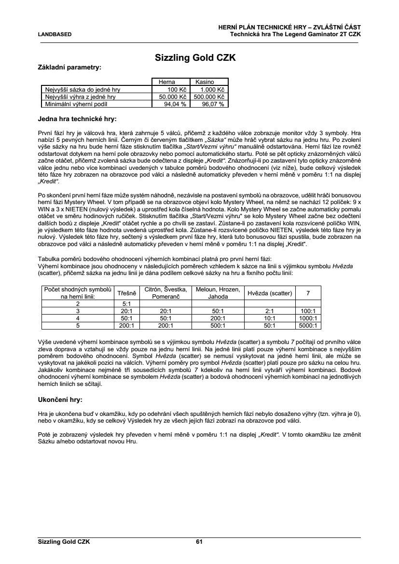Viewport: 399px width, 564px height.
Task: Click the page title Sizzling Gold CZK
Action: tap(195, 58)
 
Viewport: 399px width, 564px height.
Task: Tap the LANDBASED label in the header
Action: tap(55, 34)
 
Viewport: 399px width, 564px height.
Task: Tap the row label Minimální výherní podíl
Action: tap(76, 103)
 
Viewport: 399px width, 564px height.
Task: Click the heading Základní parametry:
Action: tap(69, 68)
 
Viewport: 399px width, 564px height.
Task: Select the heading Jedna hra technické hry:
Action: tap(77, 118)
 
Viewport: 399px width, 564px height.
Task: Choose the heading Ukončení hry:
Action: tap(60, 400)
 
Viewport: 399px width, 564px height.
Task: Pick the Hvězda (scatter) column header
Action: tap(270, 293)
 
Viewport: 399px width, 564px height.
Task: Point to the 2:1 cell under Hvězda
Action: tap(270, 312)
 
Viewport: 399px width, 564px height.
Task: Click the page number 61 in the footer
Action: tap(199, 542)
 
